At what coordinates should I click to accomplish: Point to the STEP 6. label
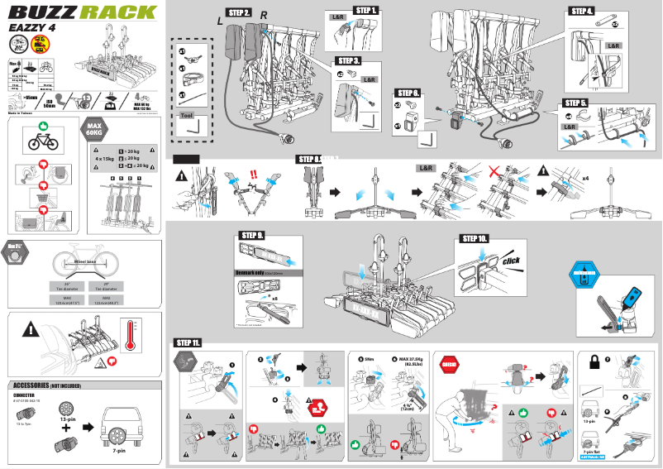408,93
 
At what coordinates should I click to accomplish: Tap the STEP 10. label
472,238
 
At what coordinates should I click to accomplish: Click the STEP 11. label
187,342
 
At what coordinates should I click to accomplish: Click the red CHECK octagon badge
451,361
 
